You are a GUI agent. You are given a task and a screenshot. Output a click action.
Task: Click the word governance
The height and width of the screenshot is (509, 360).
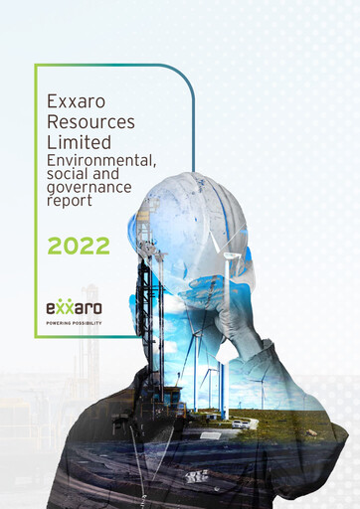(89, 185)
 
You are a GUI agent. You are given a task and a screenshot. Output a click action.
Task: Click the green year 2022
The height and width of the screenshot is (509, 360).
(79, 246)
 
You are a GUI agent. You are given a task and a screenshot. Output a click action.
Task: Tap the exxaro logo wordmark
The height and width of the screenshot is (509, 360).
(75, 307)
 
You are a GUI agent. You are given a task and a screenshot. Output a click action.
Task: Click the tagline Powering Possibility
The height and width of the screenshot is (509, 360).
(75, 323)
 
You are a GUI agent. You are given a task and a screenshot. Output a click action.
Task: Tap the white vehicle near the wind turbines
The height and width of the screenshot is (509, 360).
(241, 423)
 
